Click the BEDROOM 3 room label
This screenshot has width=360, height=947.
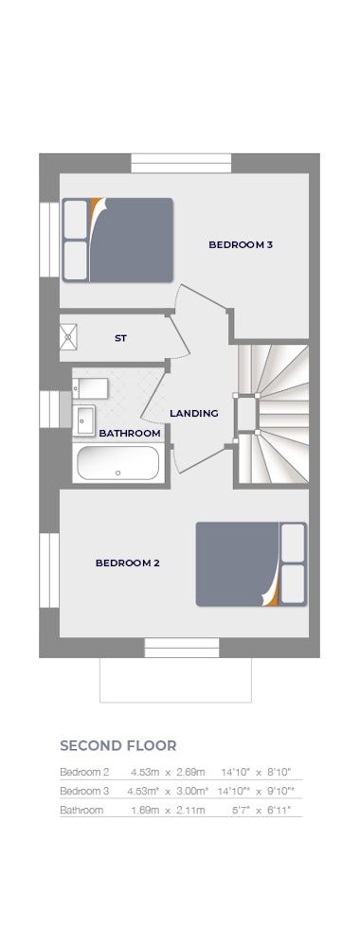(x=241, y=244)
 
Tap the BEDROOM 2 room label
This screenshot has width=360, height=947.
(x=128, y=563)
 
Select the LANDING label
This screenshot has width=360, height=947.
(x=194, y=414)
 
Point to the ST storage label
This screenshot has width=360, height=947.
(x=121, y=338)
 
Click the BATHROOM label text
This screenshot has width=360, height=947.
(x=130, y=433)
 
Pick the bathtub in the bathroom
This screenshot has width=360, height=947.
(x=118, y=463)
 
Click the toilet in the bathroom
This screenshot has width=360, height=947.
(x=90, y=388)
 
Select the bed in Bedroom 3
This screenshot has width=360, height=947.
(x=117, y=240)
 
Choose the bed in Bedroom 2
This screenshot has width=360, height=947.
(x=251, y=564)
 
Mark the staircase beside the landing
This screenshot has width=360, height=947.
(x=272, y=415)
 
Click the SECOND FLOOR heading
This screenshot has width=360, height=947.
(x=118, y=745)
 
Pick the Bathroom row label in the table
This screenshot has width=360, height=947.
(x=81, y=810)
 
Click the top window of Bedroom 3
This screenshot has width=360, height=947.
(x=181, y=163)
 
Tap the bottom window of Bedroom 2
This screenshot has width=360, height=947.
(x=182, y=648)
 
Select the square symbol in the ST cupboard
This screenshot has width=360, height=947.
(x=68, y=336)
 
